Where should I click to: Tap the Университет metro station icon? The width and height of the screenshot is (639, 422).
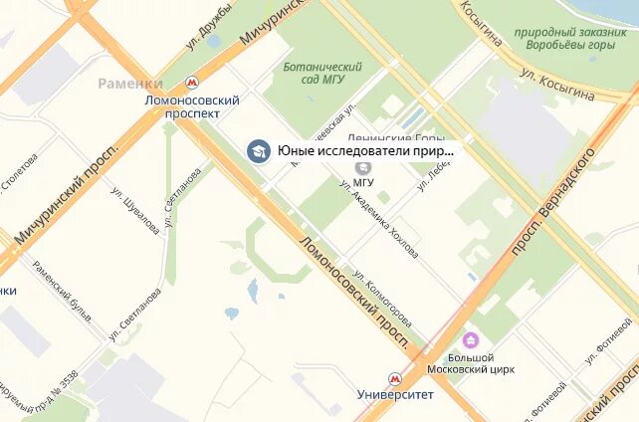point(395,378)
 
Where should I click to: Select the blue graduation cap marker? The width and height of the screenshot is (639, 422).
point(258,151)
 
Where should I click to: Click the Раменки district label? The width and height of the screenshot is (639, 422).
point(129,84)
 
